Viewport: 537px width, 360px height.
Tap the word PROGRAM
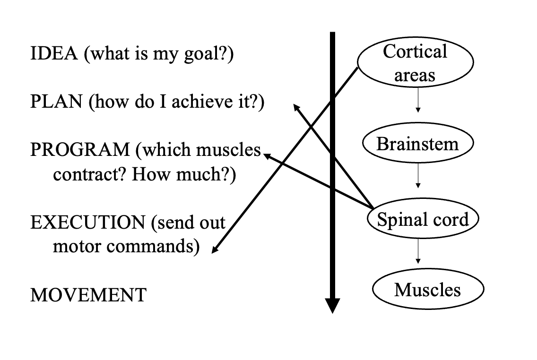pyautogui.click(x=79, y=150)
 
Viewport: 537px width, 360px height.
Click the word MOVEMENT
pyautogui.click(x=88, y=295)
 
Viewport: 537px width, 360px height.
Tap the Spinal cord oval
pyautogui.click(x=423, y=219)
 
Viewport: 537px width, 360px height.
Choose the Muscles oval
pyautogui.click(x=427, y=290)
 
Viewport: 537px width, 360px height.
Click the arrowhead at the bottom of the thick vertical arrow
pyautogui.click(x=332, y=306)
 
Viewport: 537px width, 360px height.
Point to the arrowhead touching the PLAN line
pyautogui.click(x=296, y=107)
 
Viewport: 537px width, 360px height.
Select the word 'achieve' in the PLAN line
pyautogui.click(x=200, y=102)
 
